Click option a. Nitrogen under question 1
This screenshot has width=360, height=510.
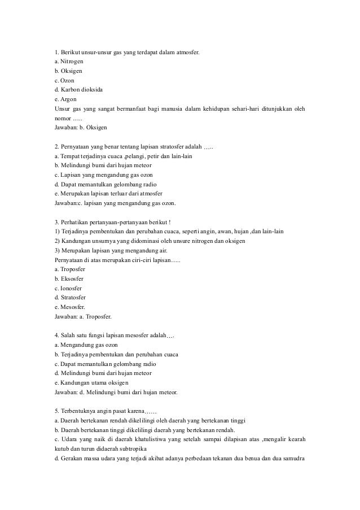(x=68, y=61)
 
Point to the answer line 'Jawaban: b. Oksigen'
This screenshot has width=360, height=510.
(x=77, y=128)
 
